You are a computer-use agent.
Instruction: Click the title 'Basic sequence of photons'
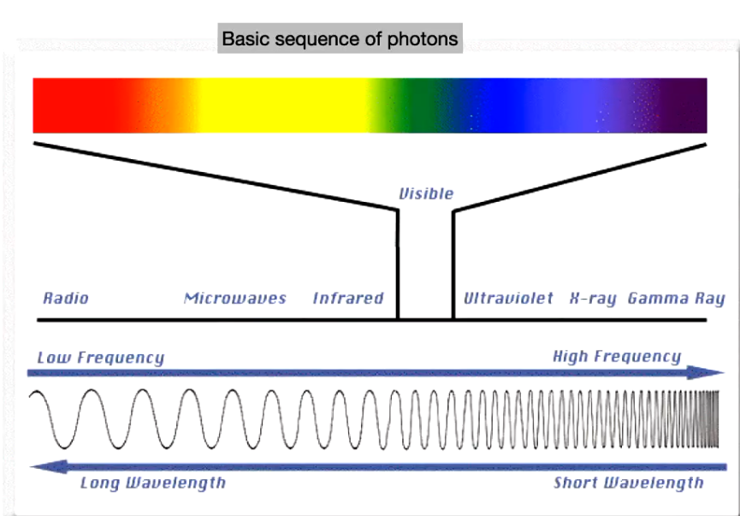point(340,39)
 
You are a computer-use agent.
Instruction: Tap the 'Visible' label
point(426,193)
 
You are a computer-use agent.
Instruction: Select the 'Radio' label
point(66,299)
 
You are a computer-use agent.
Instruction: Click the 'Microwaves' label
point(235,299)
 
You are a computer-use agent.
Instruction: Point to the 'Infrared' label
point(348,299)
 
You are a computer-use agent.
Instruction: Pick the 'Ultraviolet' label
point(509,299)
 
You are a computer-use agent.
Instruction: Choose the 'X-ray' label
point(593,299)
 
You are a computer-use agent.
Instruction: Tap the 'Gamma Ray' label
point(676,299)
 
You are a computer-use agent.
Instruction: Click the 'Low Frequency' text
point(100,358)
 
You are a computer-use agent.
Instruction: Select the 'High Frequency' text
point(617,357)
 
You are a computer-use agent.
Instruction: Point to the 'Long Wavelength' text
point(153,483)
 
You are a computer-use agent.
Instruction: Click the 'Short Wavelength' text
point(629,483)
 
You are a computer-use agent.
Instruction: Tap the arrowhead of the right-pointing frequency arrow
point(713,372)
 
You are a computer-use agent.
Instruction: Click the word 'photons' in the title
point(428,39)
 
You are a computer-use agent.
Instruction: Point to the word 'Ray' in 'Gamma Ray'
point(707,299)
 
